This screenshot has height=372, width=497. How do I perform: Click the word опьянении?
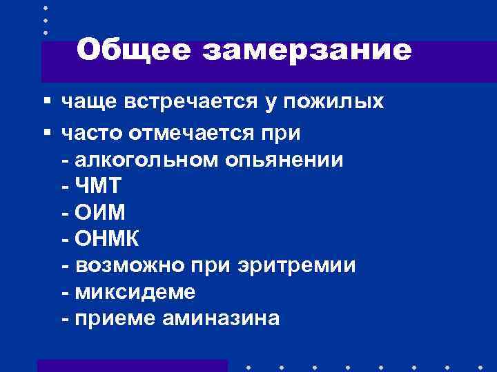point(283,160)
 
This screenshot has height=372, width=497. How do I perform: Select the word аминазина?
point(221,318)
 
